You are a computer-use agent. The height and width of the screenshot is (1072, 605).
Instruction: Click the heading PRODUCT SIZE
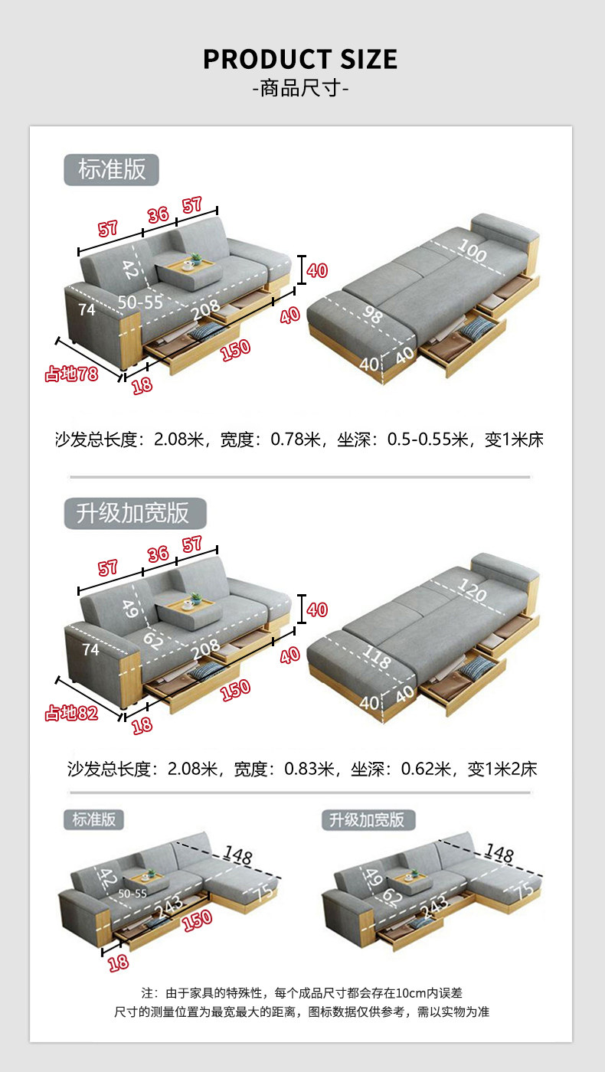tap(300, 59)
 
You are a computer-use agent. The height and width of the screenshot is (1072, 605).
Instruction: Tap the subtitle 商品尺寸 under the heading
tap(300, 90)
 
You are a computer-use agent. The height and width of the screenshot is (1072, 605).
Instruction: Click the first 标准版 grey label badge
tap(111, 169)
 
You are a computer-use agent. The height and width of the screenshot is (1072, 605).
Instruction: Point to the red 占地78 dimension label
tap(71, 374)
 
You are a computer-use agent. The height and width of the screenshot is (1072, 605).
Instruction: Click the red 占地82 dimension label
tap(71, 713)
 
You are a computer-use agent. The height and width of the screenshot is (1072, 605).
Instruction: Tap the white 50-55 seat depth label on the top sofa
tap(140, 302)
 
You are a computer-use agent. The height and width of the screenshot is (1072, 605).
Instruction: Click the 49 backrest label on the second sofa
tap(131, 609)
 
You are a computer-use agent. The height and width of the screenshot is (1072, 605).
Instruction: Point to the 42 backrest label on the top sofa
tap(130, 270)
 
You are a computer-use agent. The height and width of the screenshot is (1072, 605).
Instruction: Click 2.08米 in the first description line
tap(179, 440)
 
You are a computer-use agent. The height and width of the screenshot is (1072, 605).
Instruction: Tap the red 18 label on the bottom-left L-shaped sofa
tap(118, 963)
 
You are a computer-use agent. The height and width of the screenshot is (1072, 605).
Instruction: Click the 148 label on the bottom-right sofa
tap(499, 852)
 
